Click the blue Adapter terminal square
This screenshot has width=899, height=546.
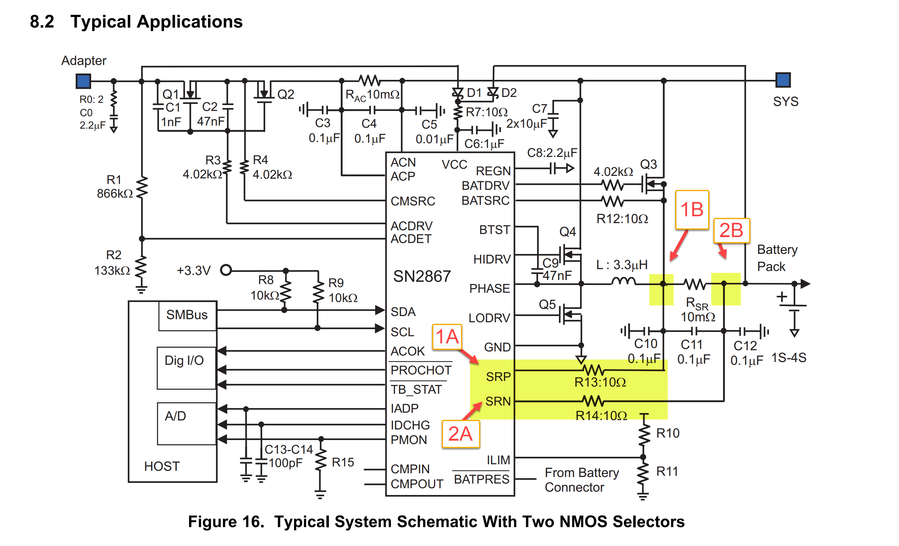[83, 81]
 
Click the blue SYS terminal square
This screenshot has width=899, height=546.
[783, 80]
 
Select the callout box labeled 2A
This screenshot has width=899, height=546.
[460, 434]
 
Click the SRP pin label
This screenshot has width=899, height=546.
[498, 376]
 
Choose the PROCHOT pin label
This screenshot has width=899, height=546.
[421, 370]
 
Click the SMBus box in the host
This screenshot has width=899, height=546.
[187, 315]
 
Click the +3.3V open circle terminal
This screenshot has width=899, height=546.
[226, 270]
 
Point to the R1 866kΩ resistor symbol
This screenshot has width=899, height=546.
[142, 187]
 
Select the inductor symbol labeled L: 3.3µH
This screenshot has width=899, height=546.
[623, 281]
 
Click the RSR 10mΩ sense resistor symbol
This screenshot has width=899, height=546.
[695, 284]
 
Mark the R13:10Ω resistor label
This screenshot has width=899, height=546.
[600, 382]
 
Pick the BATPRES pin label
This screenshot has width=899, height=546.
[481, 479]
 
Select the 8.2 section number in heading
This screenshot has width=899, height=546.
[42, 22]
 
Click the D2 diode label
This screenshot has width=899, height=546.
[509, 93]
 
